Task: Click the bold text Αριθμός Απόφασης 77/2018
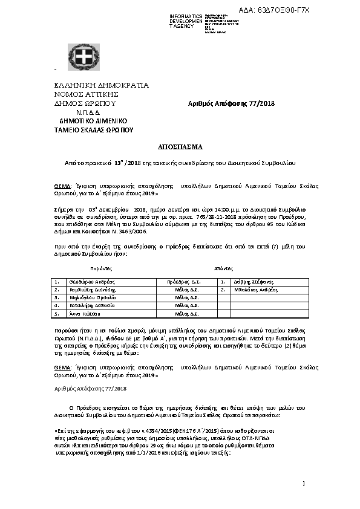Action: pos(232,103)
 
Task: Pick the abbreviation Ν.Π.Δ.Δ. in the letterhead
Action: pos(88,112)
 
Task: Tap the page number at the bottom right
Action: pos(304,482)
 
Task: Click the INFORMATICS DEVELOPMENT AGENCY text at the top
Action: pos(186,21)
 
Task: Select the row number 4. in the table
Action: pos(57,306)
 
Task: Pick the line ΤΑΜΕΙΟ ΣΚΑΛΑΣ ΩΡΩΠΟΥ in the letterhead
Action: pos(94,130)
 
